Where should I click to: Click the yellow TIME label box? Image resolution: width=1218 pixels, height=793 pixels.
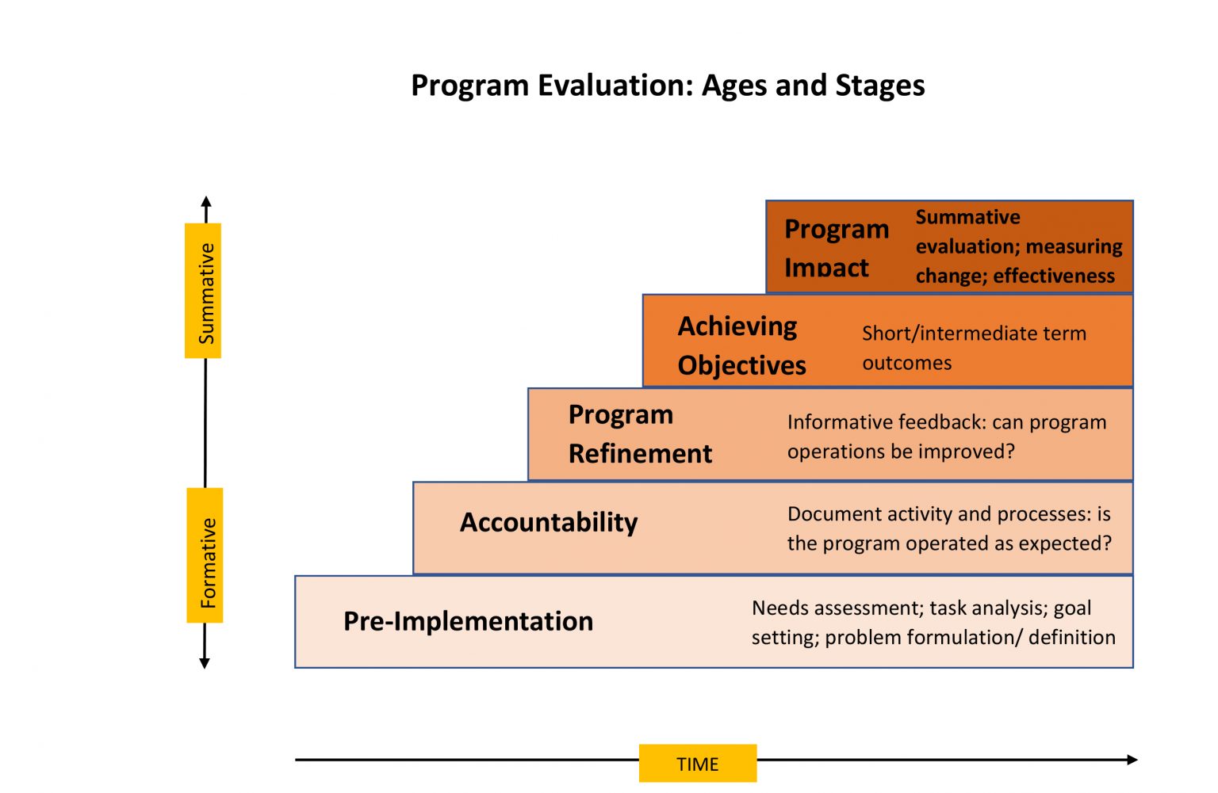coord(698,764)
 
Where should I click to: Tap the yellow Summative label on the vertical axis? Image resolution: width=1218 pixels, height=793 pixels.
coord(204,292)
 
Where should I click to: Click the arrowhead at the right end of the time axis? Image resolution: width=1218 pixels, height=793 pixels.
coord(1132,760)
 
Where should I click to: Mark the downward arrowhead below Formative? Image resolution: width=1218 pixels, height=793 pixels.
coord(205,663)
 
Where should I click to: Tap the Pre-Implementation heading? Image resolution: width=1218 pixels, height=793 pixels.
coord(468,621)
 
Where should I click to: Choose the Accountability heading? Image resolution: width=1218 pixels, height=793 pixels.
coord(549,522)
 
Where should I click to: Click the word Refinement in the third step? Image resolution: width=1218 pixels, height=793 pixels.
coord(640,453)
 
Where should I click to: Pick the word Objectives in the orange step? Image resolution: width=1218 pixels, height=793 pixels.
coord(741,365)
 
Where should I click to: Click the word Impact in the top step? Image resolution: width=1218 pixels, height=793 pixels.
coord(826,268)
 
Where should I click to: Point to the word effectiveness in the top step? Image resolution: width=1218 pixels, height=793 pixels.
coord(1054,276)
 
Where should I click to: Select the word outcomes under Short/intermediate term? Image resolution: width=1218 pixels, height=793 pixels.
coord(906,363)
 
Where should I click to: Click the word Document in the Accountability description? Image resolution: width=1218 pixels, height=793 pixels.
coord(834,514)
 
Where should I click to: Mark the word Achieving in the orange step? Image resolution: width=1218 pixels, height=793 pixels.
coord(737,326)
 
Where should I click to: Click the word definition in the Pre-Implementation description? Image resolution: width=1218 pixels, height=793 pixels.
coord(1071,637)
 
